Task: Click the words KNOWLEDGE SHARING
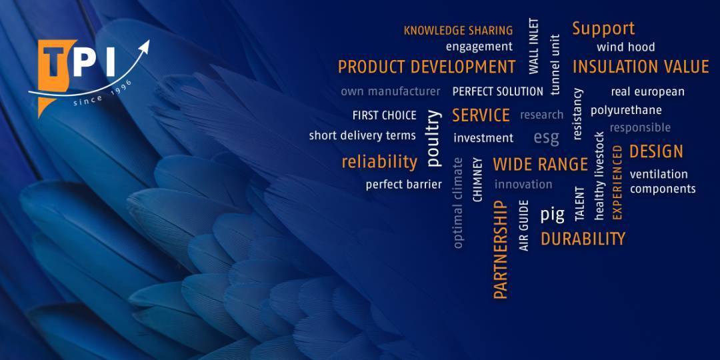[x=458, y=31]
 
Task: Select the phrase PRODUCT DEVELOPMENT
[x=427, y=67]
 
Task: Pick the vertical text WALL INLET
[x=533, y=46]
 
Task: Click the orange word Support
[x=603, y=29]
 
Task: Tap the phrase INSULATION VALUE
[x=641, y=67]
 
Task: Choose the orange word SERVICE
[x=481, y=115]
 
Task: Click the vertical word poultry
[x=433, y=138]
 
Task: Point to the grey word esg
[x=547, y=137]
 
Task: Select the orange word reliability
[x=379, y=161]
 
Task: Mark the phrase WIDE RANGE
[x=540, y=165]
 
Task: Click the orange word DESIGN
[x=656, y=151]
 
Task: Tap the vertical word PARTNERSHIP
[x=501, y=249]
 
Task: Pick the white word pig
[x=552, y=215]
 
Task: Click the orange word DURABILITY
[x=583, y=239]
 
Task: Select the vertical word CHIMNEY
[x=477, y=180]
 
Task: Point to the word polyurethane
[x=626, y=111]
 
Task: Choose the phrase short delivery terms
[x=362, y=136]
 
